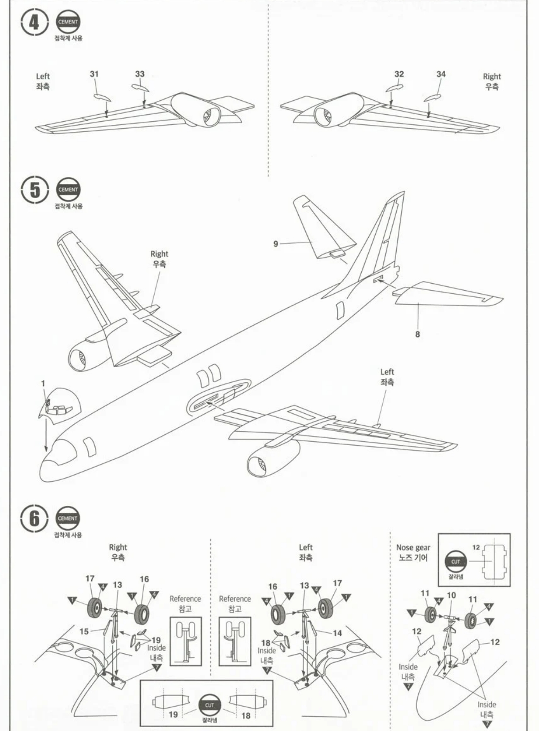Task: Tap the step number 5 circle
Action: click(x=34, y=190)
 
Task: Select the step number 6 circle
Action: click(x=34, y=519)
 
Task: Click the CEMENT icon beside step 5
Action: click(x=68, y=190)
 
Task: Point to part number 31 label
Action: click(x=94, y=74)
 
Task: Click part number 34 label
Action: click(x=441, y=74)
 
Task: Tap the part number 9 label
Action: click(x=276, y=244)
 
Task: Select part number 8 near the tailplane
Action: click(x=418, y=334)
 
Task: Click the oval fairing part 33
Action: click(x=141, y=87)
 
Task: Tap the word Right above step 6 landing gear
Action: click(x=118, y=547)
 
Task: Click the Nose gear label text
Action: click(x=413, y=547)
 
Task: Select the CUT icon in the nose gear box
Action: click(x=456, y=562)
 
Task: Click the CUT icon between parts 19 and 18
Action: click(x=210, y=705)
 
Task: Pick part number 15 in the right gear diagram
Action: click(x=84, y=631)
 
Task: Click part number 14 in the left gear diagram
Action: click(x=337, y=633)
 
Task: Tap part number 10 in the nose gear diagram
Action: click(x=451, y=595)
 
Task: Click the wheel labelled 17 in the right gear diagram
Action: click(x=95, y=607)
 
